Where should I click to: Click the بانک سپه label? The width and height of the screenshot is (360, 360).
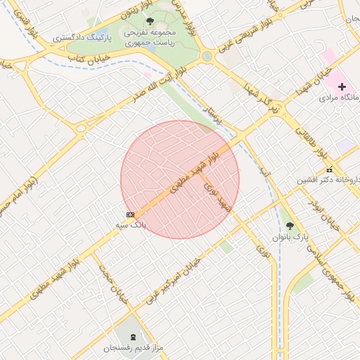click(131, 226)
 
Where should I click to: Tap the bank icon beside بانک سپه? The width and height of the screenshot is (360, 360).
click(130, 214)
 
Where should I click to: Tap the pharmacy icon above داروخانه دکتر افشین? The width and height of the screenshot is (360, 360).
click(329, 169)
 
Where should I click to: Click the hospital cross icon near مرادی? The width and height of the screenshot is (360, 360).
click(342, 87)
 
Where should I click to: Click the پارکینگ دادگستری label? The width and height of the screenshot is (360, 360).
click(79, 34)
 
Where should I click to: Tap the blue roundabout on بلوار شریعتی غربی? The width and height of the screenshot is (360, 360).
click(207, 56)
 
